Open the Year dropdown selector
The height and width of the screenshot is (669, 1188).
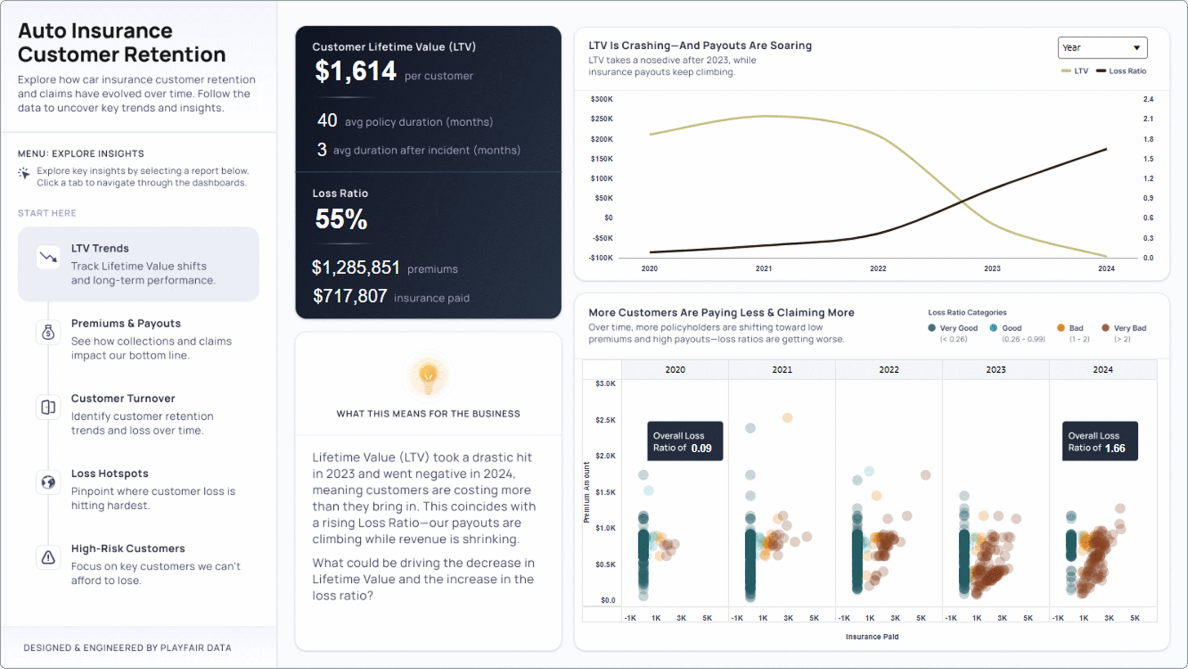(x=1102, y=48)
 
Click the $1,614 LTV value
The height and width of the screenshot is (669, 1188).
(x=355, y=71)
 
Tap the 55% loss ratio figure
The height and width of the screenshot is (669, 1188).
(x=341, y=219)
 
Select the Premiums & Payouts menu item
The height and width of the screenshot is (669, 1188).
(x=126, y=323)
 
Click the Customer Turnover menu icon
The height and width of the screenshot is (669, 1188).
(x=48, y=407)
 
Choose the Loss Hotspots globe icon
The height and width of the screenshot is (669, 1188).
(x=48, y=482)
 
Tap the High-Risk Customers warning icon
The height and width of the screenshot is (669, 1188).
(x=48, y=557)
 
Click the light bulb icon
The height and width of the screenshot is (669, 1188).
(x=428, y=376)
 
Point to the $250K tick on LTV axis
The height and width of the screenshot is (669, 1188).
(x=601, y=119)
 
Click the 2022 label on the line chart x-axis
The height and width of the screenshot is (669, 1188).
(x=878, y=268)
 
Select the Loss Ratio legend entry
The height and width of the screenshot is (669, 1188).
(x=1121, y=71)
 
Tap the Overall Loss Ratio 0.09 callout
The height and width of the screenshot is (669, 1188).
(x=684, y=442)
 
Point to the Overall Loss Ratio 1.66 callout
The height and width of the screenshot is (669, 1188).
(x=1099, y=442)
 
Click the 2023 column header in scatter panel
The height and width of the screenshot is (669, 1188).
(x=995, y=370)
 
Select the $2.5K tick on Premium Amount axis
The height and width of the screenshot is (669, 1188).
(x=605, y=420)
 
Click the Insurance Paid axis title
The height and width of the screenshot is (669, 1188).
(x=872, y=637)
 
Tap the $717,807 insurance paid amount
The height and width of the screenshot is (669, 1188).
(x=350, y=296)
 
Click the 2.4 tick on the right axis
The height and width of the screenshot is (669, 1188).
(x=1148, y=99)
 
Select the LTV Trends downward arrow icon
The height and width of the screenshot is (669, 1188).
(x=48, y=257)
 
